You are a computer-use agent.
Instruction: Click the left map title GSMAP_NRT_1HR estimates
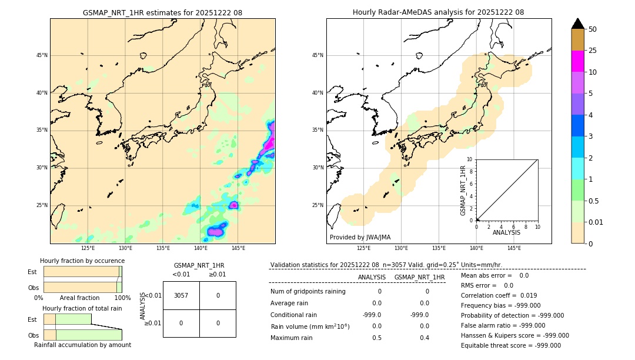[162, 12]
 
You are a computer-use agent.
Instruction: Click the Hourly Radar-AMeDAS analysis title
[438, 12]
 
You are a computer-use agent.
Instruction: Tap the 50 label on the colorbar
[593, 29]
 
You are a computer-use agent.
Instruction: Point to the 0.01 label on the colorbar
[595, 222]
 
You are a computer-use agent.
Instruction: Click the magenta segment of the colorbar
[577, 61]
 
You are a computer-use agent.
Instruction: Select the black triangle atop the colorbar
[577, 24]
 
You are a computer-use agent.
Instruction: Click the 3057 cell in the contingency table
[181, 295]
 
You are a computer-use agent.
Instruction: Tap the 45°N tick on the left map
[42, 55]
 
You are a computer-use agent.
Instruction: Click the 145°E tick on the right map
[514, 248]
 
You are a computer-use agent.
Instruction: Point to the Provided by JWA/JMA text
[360, 238]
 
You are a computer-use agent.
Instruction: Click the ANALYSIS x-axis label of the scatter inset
[506, 232]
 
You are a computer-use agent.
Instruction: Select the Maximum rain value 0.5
[377, 338]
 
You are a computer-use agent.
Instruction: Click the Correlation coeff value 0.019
[529, 295]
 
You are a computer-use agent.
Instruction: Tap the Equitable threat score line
[511, 345]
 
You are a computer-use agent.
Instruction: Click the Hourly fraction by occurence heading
[82, 261]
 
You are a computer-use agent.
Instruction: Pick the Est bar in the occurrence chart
[82, 272]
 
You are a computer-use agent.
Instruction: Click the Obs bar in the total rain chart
[82, 335]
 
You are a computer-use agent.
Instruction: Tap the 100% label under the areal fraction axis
[122, 298]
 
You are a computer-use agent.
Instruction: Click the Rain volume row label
[310, 326]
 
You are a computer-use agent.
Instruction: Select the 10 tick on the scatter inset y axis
[470, 159]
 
